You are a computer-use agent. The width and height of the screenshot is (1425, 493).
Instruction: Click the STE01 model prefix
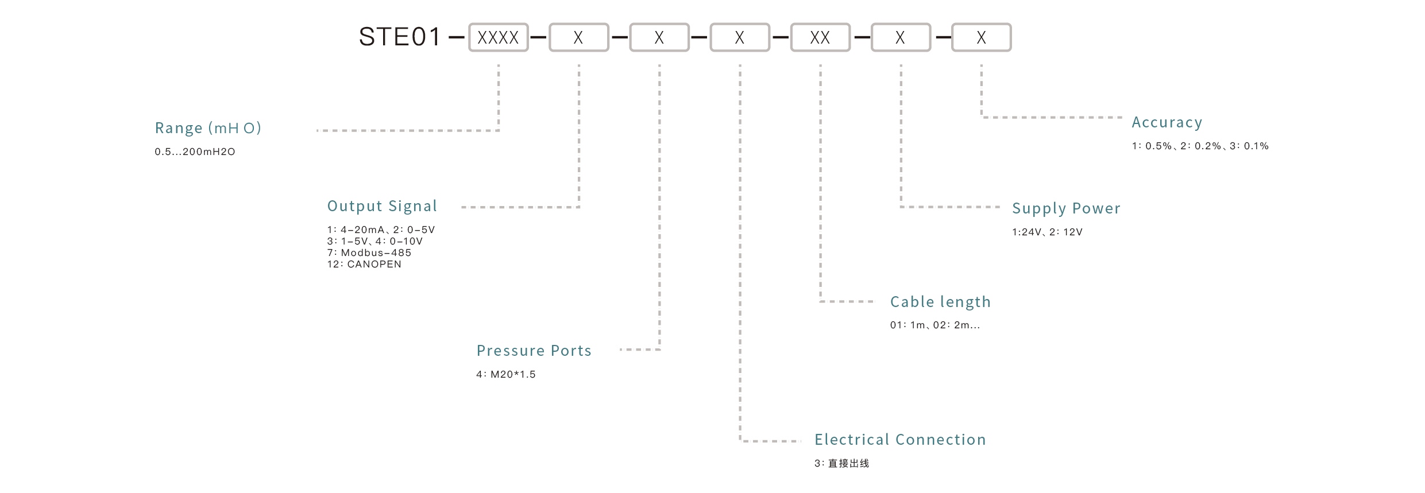[x=399, y=37]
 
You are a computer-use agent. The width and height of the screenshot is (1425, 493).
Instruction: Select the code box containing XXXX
[x=498, y=38]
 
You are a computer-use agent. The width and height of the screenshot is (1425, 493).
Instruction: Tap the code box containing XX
[x=820, y=38]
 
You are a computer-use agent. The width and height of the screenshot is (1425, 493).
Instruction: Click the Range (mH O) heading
[x=208, y=128]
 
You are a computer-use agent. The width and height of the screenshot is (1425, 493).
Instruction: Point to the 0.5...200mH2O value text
[x=195, y=152]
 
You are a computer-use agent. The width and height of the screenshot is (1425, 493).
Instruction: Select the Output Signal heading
[x=382, y=206]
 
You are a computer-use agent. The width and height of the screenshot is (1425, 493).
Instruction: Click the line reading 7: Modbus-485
[x=369, y=253]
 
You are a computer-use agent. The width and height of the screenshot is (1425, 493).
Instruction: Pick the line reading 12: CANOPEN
[x=364, y=265]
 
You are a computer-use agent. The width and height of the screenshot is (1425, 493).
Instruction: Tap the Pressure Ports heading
[x=534, y=351]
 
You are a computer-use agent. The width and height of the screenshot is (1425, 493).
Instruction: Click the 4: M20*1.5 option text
[x=505, y=375]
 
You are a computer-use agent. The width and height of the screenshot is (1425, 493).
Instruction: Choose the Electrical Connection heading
[x=899, y=440]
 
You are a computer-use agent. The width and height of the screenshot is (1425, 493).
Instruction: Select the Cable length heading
[x=940, y=302]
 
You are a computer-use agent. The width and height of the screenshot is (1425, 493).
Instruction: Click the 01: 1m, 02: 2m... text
[x=934, y=325]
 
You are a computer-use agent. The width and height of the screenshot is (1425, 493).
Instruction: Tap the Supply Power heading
[x=1066, y=208]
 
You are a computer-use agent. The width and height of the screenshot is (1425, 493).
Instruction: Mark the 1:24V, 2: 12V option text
[x=1046, y=232]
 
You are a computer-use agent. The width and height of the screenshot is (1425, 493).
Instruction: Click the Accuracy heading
[x=1167, y=122]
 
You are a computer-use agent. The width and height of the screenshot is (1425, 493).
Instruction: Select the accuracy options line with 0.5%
[x=1200, y=146]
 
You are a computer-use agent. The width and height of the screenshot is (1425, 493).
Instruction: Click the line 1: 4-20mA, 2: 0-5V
[x=381, y=230]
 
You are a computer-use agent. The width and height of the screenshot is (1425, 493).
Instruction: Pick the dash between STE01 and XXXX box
[x=456, y=38]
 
